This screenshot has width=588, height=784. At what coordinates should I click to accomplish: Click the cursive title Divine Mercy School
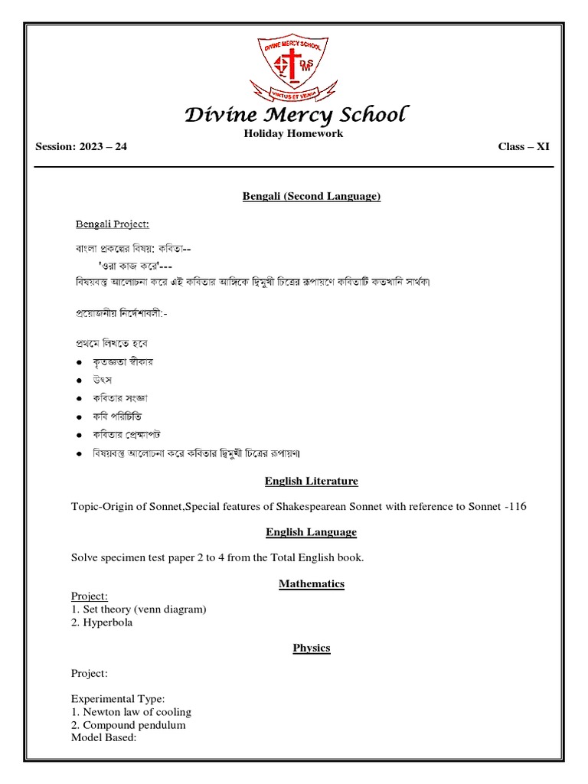coord(296,116)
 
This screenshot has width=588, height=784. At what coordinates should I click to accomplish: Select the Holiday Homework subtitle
coord(293,134)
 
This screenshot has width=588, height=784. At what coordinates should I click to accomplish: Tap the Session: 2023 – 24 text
coord(81,147)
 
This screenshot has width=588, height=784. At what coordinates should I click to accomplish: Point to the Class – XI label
coord(523,147)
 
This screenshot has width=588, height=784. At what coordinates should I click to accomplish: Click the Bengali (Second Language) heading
coord(312,197)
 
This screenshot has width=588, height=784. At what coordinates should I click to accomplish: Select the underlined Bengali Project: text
coord(112,224)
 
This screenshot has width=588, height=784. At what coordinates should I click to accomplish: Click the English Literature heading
coord(312,482)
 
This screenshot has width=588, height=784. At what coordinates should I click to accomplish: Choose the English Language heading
coord(312,532)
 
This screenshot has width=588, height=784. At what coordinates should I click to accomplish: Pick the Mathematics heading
coord(312,584)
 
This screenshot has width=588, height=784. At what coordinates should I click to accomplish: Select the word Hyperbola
coord(107,622)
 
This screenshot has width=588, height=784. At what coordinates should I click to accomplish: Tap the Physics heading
coord(312,648)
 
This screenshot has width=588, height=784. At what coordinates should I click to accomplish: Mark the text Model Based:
coord(103,737)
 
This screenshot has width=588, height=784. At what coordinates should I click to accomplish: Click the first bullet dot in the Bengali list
coord(79,362)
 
